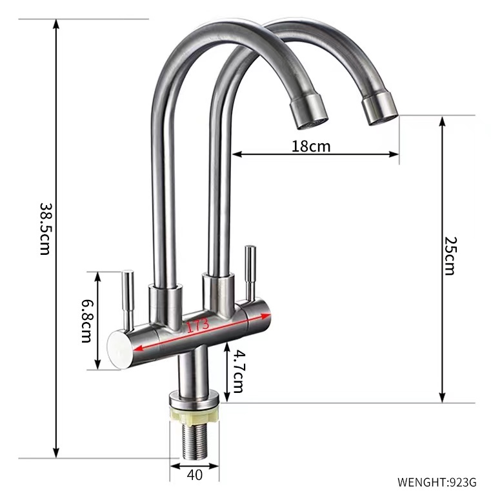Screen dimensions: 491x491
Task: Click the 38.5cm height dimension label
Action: (x=45, y=229)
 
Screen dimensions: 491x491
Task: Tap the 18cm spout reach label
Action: (x=311, y=146)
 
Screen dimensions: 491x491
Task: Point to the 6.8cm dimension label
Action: (x=86, y=321)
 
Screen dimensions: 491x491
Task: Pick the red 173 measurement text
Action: (x=198, y=325)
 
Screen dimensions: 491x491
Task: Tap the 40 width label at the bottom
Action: (x=194, y=475)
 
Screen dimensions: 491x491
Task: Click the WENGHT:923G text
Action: (x=437, y=481)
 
